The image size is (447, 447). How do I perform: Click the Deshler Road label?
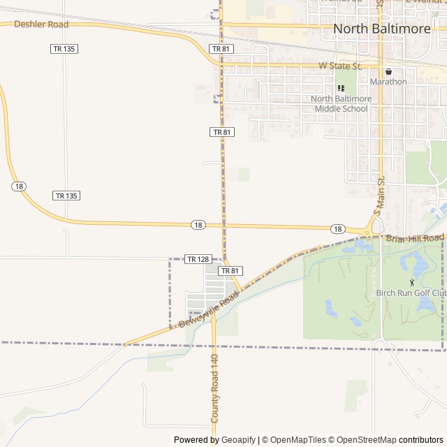(41, 24)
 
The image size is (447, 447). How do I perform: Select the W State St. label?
(340, 66)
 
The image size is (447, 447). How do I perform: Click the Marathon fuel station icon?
(388, 71)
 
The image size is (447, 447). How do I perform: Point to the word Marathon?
(388, 82)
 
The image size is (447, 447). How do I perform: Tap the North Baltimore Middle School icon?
(341, 88)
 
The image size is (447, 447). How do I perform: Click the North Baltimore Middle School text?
(341, 103)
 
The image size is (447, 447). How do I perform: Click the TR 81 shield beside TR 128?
(230, 270)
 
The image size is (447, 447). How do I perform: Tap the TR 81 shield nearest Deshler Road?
(221, 49)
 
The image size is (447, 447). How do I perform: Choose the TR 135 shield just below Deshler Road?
(64, 49)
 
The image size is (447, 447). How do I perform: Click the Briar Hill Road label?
(414, 238)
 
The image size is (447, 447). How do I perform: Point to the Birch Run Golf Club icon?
(411, 282)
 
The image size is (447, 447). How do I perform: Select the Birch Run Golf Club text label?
(411, 293)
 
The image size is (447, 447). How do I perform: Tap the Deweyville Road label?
(208, 311)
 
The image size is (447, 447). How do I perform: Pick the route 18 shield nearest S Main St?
(337, 229)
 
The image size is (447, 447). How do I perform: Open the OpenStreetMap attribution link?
(362, 440)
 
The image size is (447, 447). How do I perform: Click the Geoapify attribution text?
(238, 440)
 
